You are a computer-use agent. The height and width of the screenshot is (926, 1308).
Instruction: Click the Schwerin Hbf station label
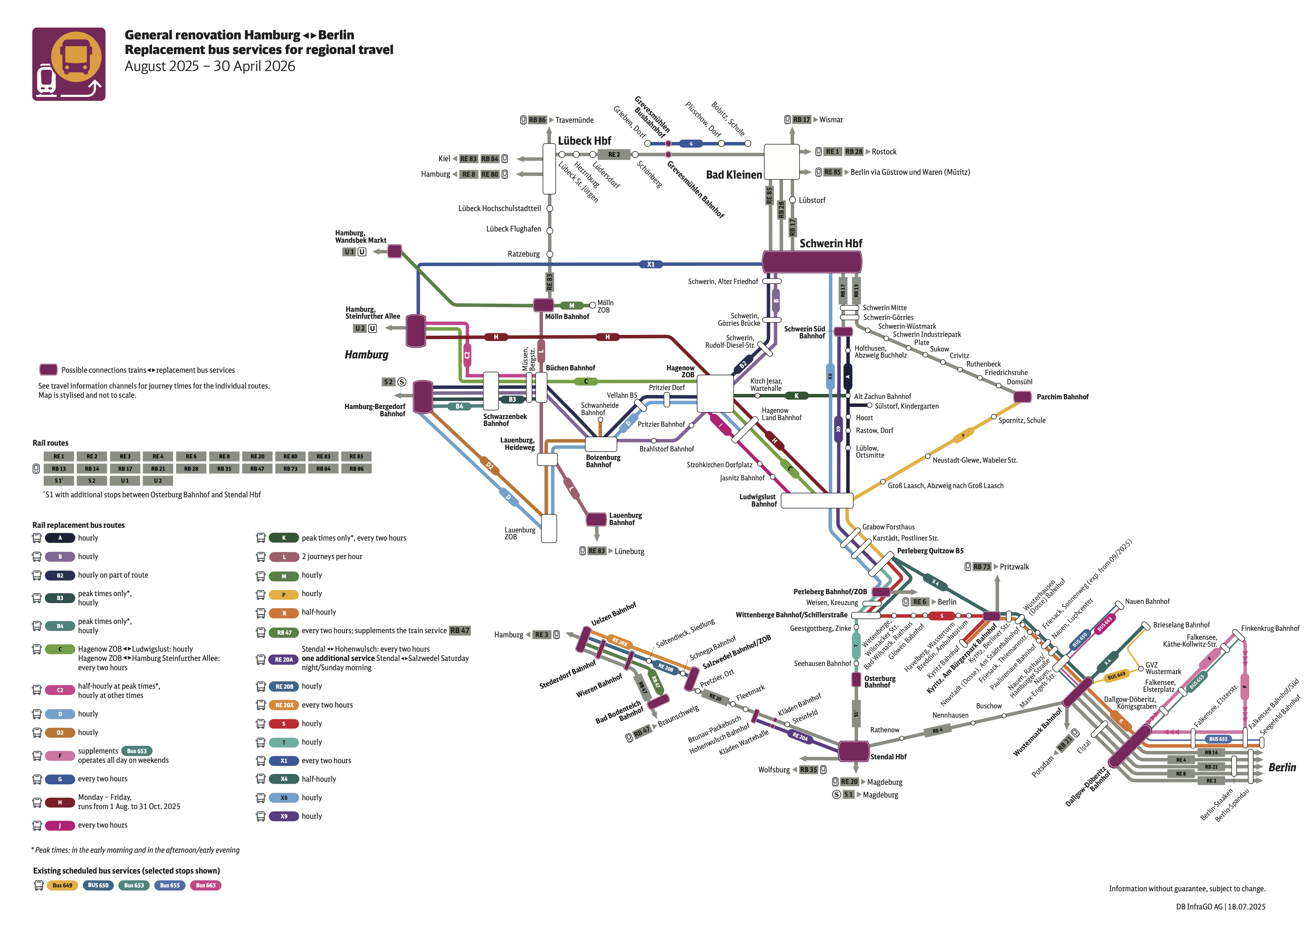coord(830,243)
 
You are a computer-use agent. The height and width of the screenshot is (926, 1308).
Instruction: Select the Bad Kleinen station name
coord(734,174)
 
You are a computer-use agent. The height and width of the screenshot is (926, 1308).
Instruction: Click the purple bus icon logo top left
coord(69,64)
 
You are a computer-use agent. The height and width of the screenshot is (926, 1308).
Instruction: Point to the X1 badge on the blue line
coord(651,264)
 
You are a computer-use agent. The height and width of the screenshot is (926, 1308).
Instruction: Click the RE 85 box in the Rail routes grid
coord(357,456)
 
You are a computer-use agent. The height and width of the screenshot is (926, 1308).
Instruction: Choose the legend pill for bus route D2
coord(60,733)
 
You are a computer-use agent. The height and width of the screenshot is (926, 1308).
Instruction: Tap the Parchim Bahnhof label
coord(1062,397)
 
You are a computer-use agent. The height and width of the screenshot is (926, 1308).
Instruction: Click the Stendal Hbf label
coord(888,757)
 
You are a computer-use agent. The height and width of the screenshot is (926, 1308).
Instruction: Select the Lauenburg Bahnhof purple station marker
coord(597,519)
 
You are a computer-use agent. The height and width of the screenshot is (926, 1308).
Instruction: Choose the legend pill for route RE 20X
coord(284,705)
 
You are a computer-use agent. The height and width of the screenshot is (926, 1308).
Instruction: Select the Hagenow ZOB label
coord(680,371)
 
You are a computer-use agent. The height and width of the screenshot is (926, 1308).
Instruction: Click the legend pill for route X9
coord(284,816)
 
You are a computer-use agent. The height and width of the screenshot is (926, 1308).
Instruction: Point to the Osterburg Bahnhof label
coord(880,682)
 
